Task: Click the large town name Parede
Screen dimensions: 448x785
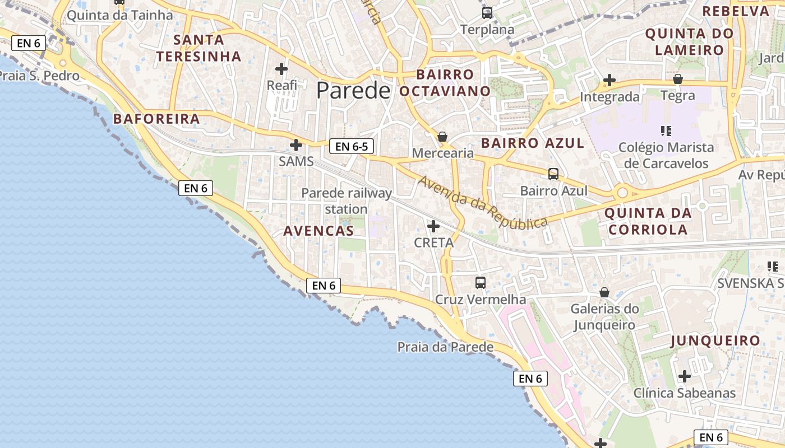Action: (x=353, y=90)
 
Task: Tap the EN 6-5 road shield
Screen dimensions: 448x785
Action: (x=352, y=147)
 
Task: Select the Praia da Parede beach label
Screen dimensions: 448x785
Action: (x=445, y=347)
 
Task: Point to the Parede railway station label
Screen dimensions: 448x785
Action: (x=347, y=201)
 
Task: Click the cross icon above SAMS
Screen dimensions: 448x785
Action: (x=296, y=146)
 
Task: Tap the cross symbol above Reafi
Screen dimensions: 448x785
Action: (x=281, y=69)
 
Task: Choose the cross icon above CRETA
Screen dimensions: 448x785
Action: (x=433, y=226)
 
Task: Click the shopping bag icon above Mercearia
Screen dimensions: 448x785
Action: (x=442, y=137)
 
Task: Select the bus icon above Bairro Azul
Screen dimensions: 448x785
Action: (x=553, y=174)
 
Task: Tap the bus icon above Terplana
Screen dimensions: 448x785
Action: (x=487, y=13)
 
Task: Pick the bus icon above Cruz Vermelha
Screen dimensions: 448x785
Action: (x=481, y=283)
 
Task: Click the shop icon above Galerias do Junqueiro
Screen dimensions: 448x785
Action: (x=604, y=292)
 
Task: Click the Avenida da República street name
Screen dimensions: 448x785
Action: (x=483, y=203)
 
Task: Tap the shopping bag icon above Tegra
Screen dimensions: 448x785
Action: (x=678, y=79)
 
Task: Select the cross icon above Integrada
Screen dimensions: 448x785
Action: (x=609, y=81)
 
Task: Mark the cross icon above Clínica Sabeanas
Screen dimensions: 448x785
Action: (x=684, y=376)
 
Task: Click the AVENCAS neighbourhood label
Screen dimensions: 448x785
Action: (x=318, y=231)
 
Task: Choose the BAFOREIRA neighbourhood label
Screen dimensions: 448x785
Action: (x=156, y=119)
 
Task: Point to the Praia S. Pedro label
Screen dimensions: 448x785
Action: (x=40, y=76)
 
